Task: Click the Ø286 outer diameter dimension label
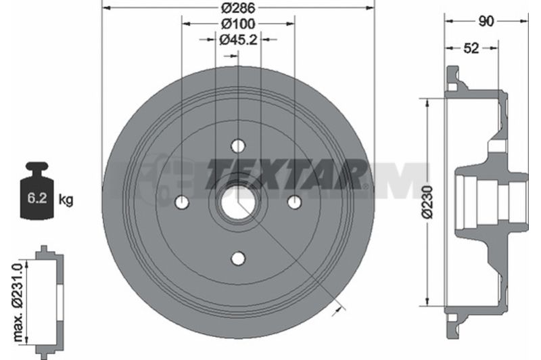(238, 7)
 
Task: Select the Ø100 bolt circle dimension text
(238, 24)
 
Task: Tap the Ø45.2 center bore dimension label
(239, 40)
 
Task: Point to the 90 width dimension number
(486, 22)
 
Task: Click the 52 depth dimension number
(471, 48)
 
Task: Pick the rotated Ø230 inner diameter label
(427, 202)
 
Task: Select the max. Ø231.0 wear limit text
(18, 302)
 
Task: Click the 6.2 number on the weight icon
(37, 198)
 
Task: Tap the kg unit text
(66, 200)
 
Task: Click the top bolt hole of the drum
(238, 145)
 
